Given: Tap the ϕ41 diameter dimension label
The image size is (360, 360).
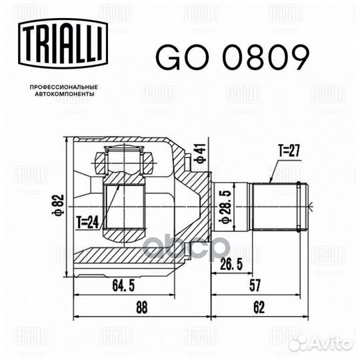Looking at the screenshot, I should (198, 154).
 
